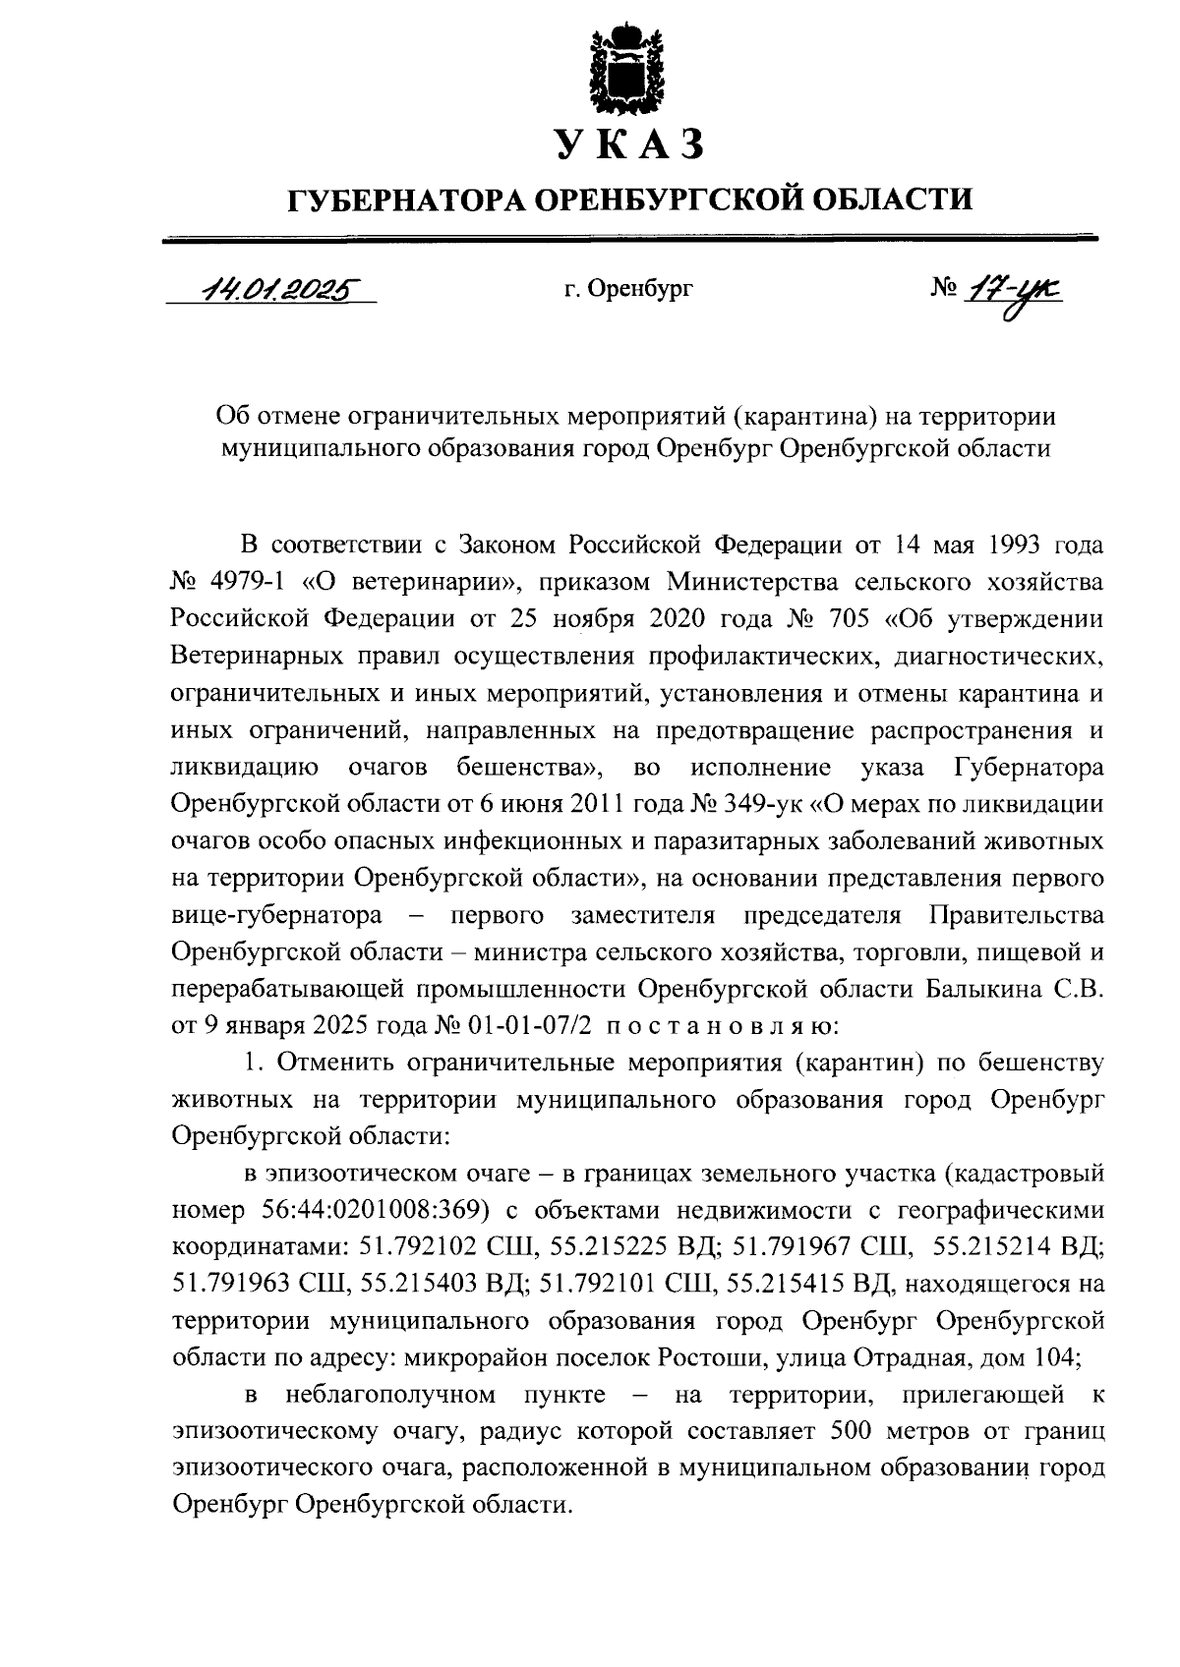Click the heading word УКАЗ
point(629,144)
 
